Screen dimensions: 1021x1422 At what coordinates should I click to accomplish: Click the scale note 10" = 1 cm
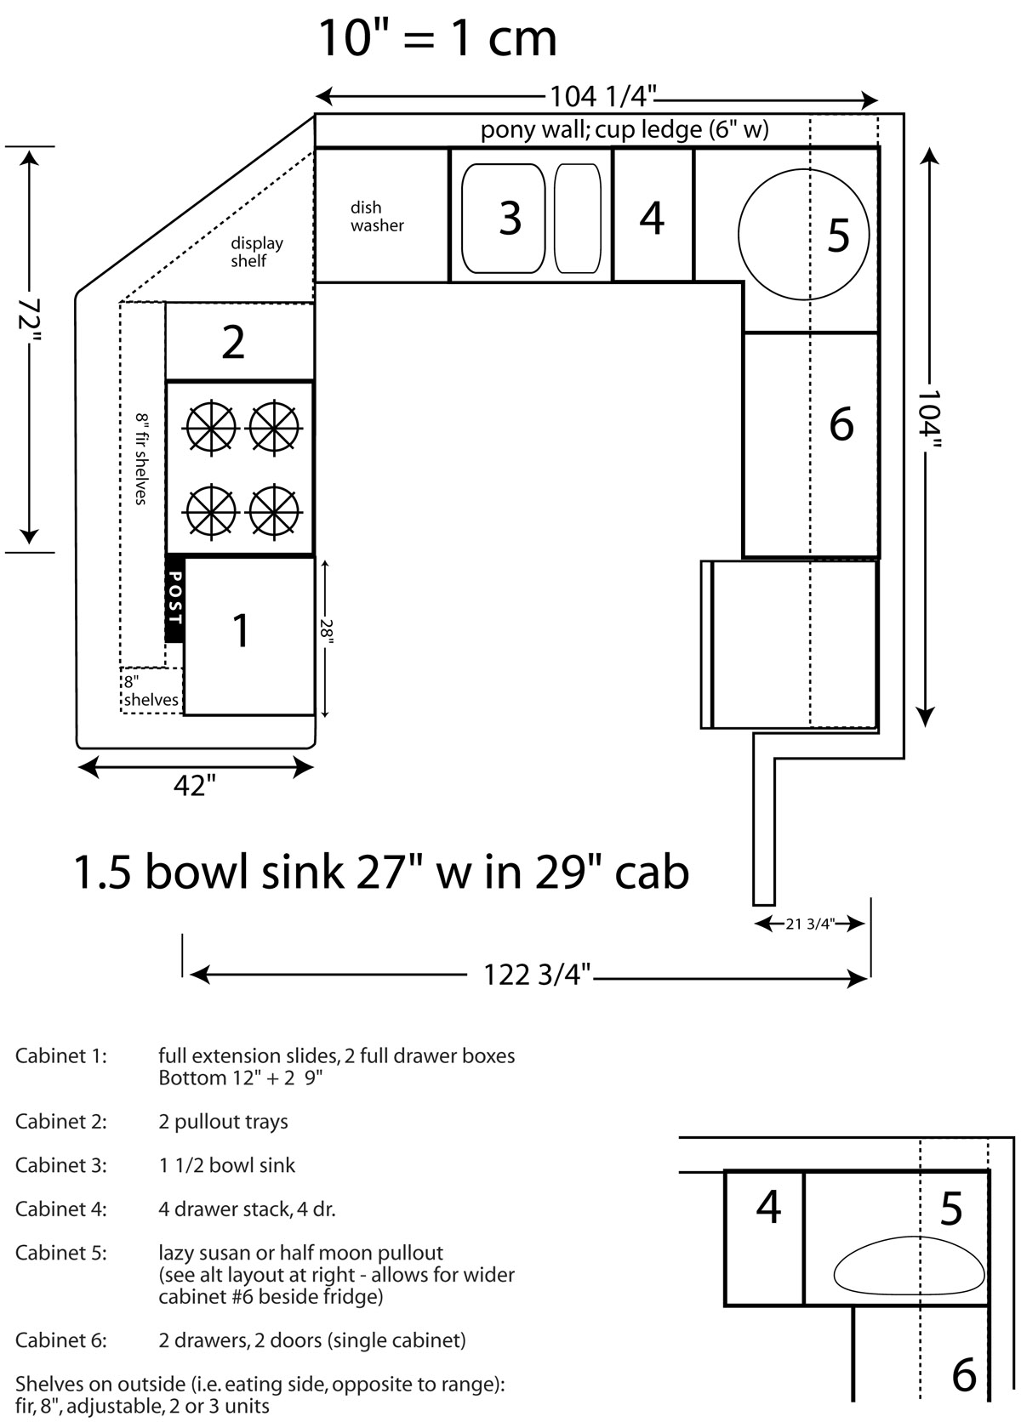[437, 39]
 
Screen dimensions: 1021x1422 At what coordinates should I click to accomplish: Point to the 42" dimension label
[195, 786]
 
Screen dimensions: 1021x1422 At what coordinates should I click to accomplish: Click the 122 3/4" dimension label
[537, 975]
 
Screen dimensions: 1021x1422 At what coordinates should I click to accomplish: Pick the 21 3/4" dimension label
[809, 924]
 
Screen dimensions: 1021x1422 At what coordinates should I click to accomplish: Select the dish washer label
[377, 217]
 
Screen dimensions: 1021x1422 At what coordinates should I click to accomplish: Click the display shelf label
[256, 252]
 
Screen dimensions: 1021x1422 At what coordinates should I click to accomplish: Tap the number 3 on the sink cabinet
[510, 219]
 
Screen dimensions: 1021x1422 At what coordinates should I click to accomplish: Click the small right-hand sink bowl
[577, 219]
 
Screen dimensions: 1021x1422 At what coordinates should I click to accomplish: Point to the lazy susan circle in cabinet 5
[739, 234]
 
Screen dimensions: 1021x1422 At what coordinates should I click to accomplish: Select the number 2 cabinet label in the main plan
[233, 343]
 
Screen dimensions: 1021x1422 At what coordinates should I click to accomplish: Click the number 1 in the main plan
[241, 631]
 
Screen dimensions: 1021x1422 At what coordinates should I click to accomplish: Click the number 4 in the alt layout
[768, 1207]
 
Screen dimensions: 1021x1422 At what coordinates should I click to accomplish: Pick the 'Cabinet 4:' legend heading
[61, 1209]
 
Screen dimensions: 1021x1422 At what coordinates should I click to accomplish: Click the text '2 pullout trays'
[224, 1122]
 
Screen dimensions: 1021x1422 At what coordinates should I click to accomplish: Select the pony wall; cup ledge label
[625, 129]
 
